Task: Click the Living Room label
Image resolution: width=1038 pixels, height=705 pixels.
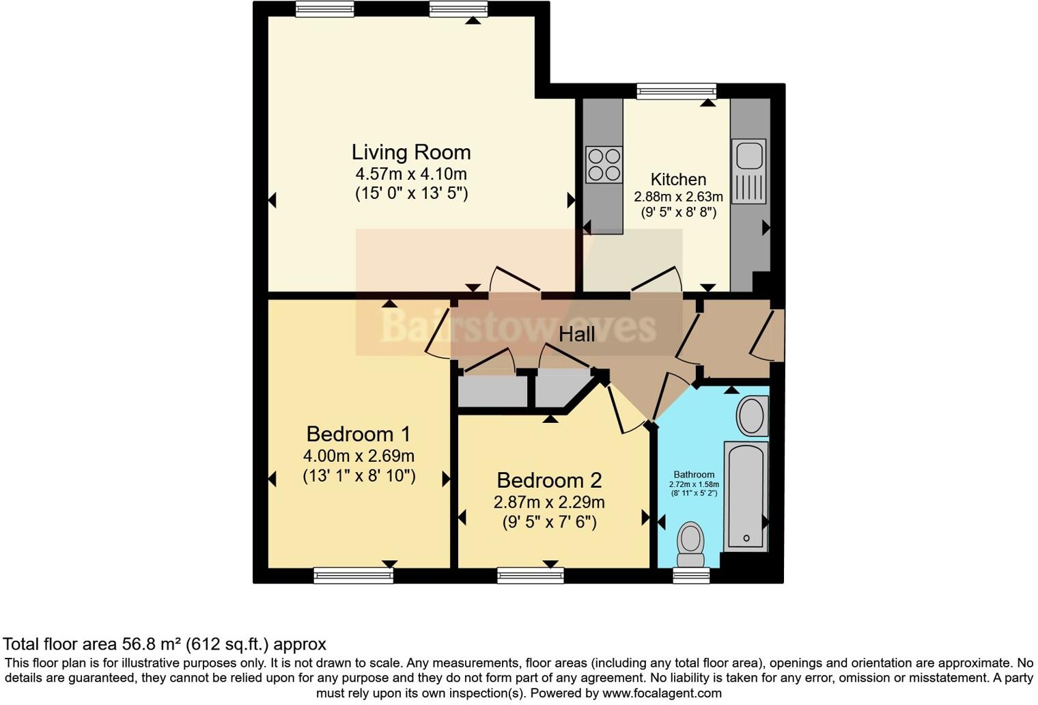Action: (411, 152)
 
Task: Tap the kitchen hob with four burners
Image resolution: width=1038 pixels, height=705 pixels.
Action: (604, 165)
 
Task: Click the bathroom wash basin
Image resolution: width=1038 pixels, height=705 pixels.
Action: (752, 415)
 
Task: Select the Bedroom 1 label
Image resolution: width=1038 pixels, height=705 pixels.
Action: (358, 434)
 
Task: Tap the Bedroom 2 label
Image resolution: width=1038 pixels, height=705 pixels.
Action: (549, 480)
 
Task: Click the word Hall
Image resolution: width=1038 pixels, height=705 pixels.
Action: (576, 334)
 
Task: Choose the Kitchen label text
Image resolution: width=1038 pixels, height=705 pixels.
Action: (678, 179)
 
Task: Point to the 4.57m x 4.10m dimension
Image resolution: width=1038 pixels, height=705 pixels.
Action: (411, 174)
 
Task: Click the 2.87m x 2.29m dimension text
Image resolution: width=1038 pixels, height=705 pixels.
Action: (549, 502)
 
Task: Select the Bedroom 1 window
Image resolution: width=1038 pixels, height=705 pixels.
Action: (353, 576)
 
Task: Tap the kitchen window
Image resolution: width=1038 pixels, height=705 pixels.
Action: (676, 91)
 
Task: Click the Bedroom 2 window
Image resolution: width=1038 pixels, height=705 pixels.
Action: (531, 576)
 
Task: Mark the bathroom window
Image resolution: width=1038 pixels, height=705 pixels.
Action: (691, 576)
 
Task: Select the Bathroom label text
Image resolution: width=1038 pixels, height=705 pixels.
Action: (694, 474)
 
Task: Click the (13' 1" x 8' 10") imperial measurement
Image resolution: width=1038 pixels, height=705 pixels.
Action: (359, 476)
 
